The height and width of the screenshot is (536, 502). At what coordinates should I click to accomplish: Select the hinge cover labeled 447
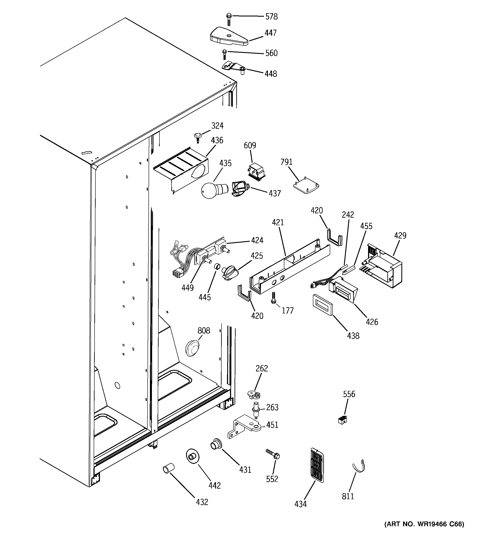228,37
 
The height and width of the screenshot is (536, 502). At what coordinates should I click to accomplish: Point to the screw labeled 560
224,55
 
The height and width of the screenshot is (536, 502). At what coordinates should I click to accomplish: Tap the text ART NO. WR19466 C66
424,524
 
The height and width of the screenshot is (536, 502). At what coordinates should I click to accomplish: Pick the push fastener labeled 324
198,137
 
